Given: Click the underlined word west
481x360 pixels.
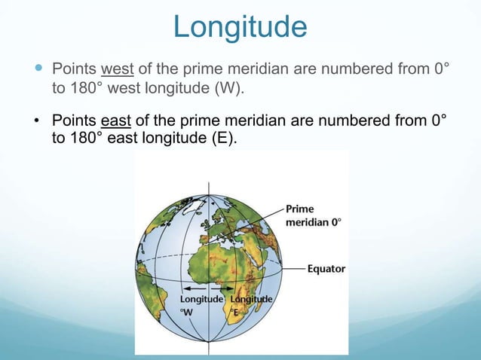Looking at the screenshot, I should point(118,70).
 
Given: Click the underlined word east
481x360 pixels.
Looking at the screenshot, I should point(117,121).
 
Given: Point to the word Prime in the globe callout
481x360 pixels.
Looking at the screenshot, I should point(301,209).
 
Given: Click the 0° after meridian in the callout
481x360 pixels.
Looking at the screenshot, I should point(335,222).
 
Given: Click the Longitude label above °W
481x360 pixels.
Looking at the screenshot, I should point(200,300).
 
